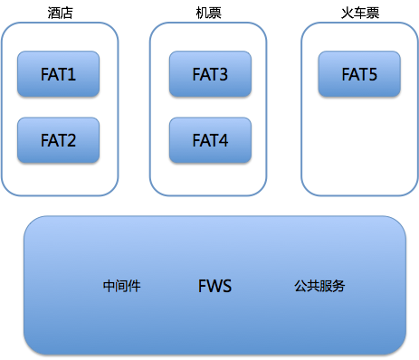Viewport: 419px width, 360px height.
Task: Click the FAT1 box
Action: tap(58, 74)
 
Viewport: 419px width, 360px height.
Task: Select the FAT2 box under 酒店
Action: tap(58, 140)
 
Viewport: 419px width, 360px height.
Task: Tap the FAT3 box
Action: tap(210, 74)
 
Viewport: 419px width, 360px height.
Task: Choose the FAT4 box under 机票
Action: tap(210, 140)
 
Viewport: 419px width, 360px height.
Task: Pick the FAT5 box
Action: tap(359, 74)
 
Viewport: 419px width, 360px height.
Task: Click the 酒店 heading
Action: tap(60, 13)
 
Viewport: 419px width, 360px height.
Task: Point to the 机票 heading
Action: tap(208, 13)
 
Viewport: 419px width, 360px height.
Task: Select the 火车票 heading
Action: tap(360, 13)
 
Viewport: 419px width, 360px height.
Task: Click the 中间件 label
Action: tap(122, 286)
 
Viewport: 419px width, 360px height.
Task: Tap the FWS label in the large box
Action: tap(214, 286)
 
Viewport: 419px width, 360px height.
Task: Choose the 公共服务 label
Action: tap(319, 286)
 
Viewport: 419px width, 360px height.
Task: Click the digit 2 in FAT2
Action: tap(71, 140)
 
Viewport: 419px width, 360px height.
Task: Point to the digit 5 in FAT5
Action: tap(373, 74)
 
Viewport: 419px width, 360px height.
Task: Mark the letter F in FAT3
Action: tap(196, 74)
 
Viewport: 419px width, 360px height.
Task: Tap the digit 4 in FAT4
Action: tap(224, 140)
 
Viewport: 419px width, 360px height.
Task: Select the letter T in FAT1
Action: tap(62, 74)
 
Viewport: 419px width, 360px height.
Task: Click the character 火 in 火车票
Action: tap(348, 13)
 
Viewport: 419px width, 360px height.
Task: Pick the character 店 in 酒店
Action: tap(67, 13)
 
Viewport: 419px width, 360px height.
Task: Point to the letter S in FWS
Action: tap(227, 286)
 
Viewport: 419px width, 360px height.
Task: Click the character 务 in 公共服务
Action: tap(338, 286)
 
